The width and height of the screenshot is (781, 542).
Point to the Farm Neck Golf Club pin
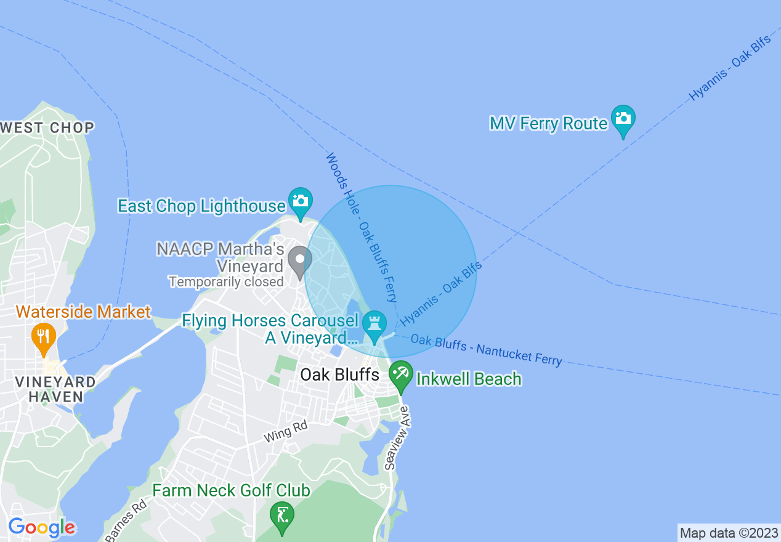coord(282,516)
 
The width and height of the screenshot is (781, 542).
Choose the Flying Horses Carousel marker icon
coord(374,325)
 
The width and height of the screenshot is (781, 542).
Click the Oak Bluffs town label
coord(339,374)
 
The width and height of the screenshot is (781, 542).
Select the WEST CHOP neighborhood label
coord(47,128)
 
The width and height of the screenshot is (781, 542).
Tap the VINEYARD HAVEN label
coord(55,389)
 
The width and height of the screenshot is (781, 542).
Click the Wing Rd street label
coord(285,432)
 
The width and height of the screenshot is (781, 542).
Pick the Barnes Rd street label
coord(126,521)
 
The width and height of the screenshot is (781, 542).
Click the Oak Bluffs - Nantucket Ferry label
coord(486,350)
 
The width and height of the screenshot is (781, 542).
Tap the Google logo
coord(41,528)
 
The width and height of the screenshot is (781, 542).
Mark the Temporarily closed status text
coord(225,282)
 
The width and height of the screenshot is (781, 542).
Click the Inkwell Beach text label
coord(469,379)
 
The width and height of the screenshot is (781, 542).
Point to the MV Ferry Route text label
coord(548,124)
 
